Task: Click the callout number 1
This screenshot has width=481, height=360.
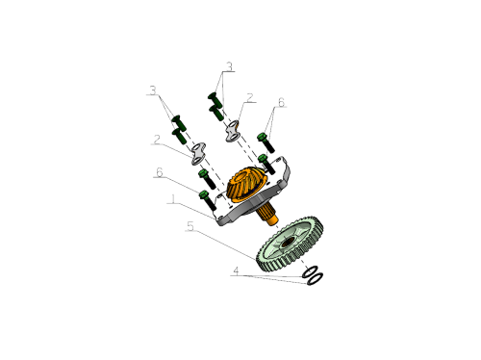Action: coord(173,199)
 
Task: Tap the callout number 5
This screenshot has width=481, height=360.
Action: coord(190,226)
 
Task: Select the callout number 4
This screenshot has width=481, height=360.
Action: coord(236,270)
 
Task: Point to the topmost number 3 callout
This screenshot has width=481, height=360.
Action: coord(229,66)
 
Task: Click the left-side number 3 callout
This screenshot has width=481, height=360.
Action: coord(153,90)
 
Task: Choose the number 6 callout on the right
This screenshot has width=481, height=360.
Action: coord(281,102)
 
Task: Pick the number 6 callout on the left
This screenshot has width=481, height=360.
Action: coord(160,172)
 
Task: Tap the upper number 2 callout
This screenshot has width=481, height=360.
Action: coord(250,98)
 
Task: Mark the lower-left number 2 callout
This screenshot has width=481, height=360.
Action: coord(157,140)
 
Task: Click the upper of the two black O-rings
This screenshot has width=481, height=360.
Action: coord(310,272)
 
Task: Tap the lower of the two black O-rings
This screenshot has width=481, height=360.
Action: coord(315,278)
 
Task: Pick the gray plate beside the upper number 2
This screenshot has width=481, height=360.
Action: coord(233,131)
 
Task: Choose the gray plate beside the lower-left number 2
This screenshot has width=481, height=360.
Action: coord(198,154)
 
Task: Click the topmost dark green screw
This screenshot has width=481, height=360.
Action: coord(215,100)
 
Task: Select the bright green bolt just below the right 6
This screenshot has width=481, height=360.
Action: coord(266,142)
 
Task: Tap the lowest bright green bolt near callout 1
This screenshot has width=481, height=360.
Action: coord(208,200)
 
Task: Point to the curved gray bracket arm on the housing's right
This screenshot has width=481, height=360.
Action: coord(286,171)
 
